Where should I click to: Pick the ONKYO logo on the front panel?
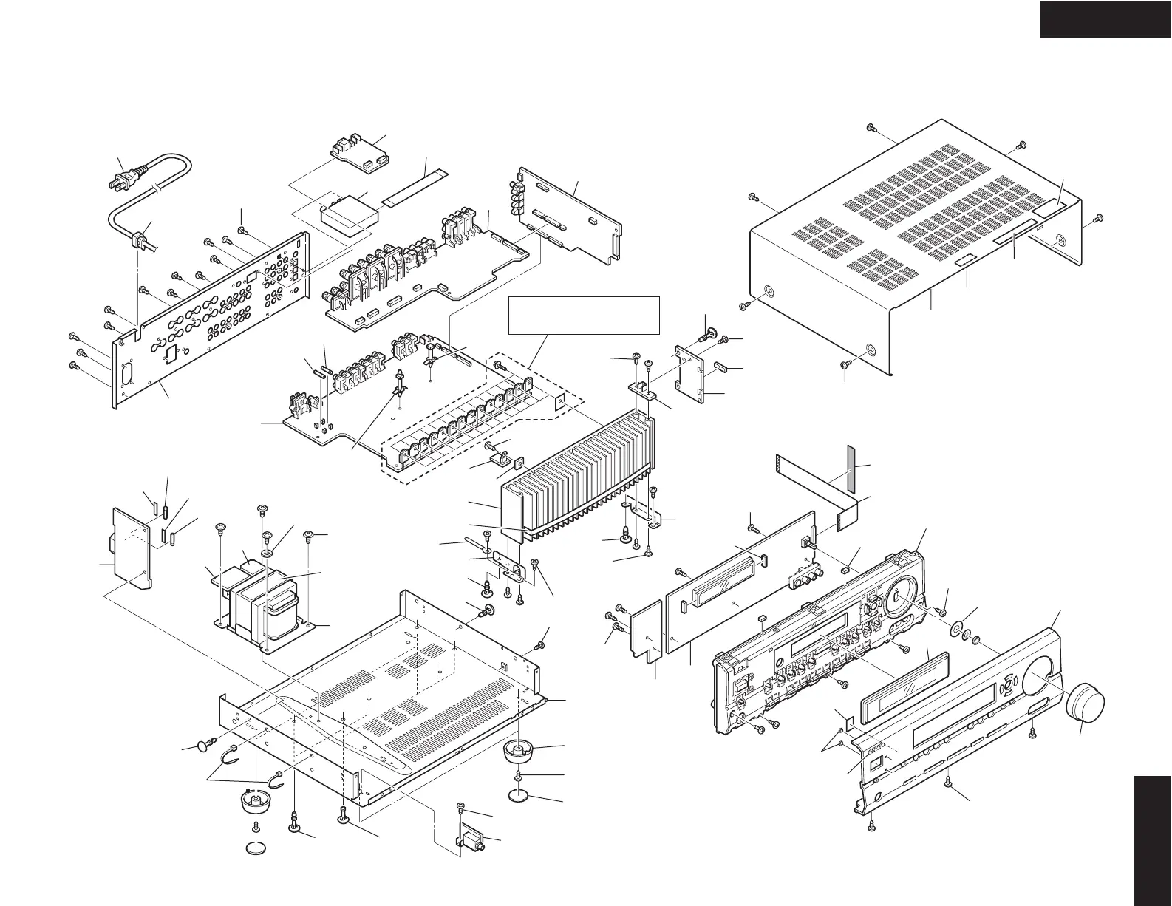(x=877, y=748)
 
